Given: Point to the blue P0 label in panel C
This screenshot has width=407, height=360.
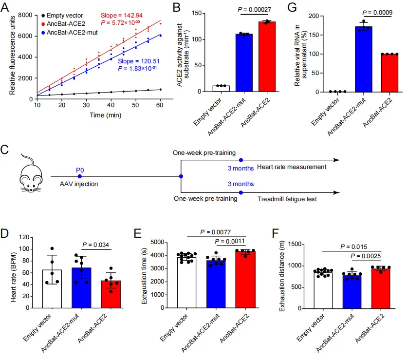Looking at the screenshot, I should (80, 170).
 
